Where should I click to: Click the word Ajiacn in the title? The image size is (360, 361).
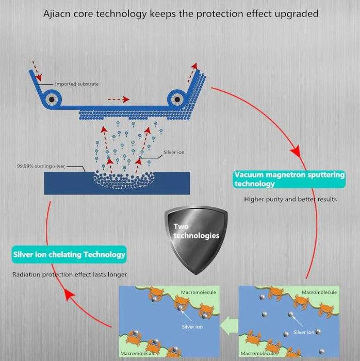coord(58,13)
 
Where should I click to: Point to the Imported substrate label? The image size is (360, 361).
coord(77,84)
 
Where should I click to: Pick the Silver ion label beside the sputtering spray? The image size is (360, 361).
coord(174,153)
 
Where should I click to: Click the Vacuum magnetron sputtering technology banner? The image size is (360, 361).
coord(289,179)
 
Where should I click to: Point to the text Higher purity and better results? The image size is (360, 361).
coord(290,199)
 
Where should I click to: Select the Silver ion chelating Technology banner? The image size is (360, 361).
coord(69,254)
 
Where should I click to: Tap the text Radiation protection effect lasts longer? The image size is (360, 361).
coord(70,274)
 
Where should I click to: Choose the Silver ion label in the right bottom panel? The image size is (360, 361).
coord(304,332)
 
